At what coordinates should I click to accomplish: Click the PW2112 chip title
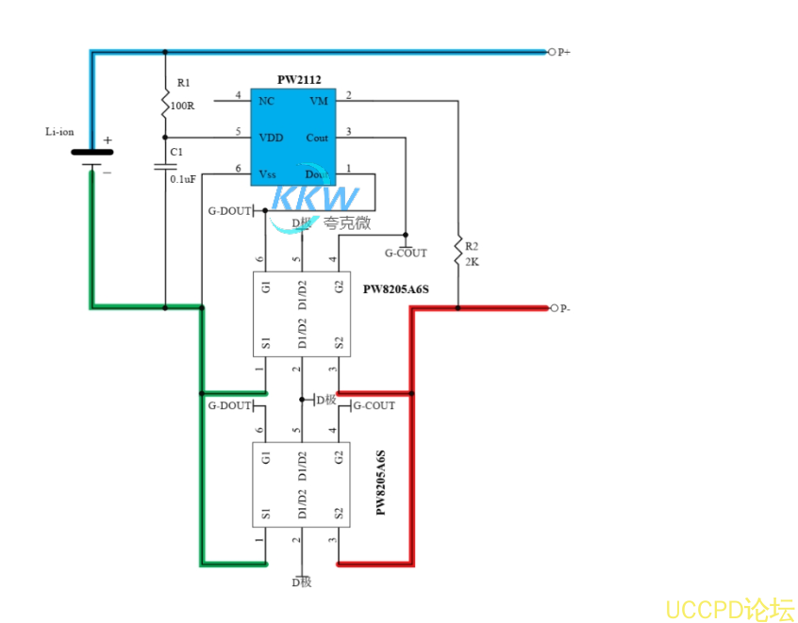299,80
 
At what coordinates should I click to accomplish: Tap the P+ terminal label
564,53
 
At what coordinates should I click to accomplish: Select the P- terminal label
564,308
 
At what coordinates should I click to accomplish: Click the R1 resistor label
183,84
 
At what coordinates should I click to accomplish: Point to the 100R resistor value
182,106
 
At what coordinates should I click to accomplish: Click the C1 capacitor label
176,152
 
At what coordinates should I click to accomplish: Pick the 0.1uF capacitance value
183,178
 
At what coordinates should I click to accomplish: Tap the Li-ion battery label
59,131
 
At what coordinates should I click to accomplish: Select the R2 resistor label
473,246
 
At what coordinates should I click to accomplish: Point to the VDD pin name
271,138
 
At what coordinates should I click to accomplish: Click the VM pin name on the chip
319,100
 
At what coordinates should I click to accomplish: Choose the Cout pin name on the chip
317,138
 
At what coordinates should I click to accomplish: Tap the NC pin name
266,100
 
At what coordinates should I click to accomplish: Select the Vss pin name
268,173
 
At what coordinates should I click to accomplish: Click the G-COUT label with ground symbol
406,253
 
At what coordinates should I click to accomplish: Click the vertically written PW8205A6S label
381,483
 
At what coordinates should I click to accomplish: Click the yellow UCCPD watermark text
729,609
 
